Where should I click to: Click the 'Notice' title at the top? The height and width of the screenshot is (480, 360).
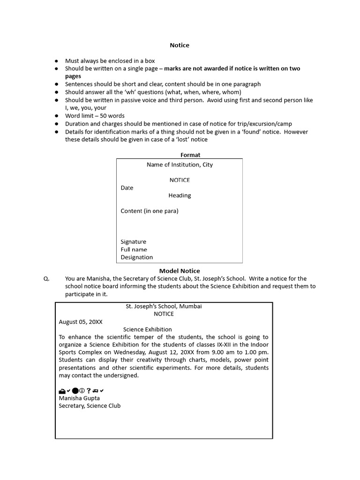click(180, 45)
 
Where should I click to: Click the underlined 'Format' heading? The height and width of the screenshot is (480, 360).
click(190, 155)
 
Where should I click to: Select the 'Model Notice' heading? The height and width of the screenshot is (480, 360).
click(180, 270)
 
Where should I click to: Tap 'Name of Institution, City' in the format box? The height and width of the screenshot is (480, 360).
click(180, 165)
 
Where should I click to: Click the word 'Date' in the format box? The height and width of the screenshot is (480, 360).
click(127, 187)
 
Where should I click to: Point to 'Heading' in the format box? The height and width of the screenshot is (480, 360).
click(180, 195)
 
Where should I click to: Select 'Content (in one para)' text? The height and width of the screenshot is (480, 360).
click(150, 210)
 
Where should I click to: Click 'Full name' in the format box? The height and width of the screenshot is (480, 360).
click(134, 249)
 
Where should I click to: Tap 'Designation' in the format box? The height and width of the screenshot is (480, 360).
click(137, 257)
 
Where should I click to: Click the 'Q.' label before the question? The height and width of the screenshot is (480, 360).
click(46, 278)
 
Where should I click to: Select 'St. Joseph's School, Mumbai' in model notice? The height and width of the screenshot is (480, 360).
click(164, 306)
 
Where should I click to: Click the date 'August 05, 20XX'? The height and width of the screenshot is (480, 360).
click(81, 322)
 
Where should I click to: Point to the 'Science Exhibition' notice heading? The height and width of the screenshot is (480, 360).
click(148, 329)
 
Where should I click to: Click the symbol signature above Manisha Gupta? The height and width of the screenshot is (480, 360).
click(81, 390)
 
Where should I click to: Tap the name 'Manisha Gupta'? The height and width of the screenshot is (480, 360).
click(79, 398)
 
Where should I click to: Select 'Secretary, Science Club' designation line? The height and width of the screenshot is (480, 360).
click(90, 405)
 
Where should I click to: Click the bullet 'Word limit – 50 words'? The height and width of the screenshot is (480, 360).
click(95, 116)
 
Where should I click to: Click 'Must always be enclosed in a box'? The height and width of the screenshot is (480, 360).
click(110, 60)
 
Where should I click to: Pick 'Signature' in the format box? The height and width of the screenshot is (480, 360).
click(134, 241)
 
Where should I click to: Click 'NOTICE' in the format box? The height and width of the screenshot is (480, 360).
click(180, 180)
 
